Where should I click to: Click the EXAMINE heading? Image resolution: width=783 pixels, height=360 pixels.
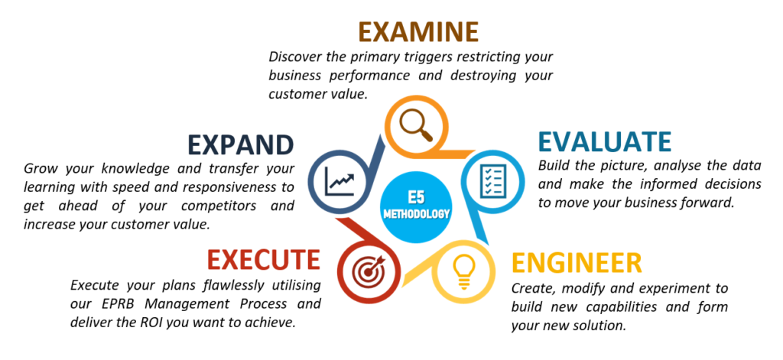418,31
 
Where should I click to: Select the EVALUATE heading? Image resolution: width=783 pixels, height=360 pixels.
604,142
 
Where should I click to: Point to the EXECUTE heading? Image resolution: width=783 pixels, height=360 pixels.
264,260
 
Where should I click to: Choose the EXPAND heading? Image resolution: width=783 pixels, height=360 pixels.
241,144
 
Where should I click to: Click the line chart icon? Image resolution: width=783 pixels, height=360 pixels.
340,180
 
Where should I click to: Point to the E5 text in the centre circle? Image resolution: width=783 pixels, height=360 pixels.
416,197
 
